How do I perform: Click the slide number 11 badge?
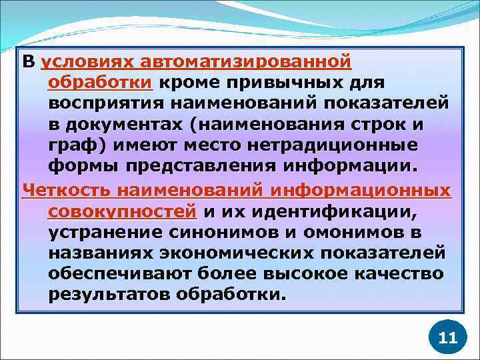coord(448,337)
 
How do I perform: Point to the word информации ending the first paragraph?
coord(353,166)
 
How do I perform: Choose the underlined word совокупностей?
coord(123,212)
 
